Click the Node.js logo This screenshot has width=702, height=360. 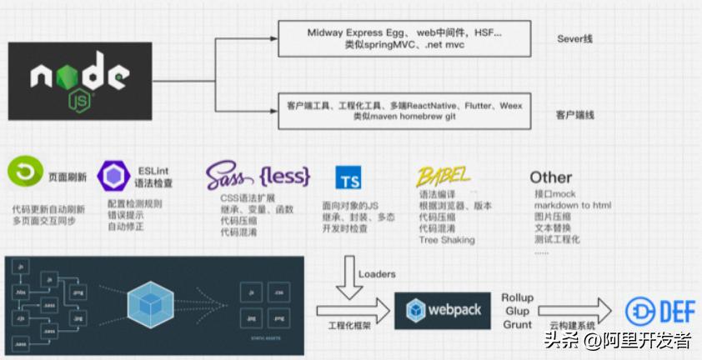point(80,81)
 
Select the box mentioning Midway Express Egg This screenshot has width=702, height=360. point(404,39)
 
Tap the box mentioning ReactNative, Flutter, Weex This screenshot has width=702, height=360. point(404,112)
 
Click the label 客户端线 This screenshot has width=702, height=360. point(575,115)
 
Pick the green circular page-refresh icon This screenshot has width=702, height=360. point(25,174)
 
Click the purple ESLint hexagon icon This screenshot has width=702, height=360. point(113,177)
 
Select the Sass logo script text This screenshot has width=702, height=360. point(228,176)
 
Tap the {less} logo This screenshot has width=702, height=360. point(283,176)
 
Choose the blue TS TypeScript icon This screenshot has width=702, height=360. point(348,177)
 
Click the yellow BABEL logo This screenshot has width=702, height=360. point(444,176)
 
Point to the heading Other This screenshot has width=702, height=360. point(550,177)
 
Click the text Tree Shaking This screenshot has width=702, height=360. point(446,240)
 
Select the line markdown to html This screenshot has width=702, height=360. point(573,206)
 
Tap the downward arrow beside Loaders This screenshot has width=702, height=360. point(348,278)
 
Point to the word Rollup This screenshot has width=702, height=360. point(517,297)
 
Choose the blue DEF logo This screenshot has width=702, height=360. point(660,311)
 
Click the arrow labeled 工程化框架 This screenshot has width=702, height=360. point(353,312)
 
